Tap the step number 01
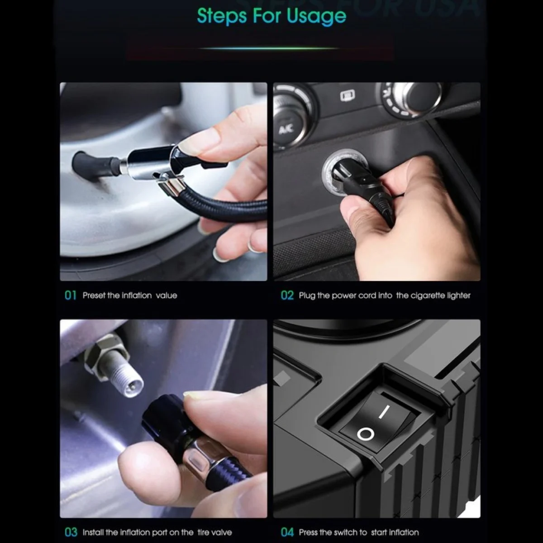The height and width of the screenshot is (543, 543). [71, 295]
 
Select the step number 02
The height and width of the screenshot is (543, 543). [287, 295]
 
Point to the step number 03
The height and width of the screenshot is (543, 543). [71, 532]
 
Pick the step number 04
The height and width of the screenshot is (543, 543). [287, 532]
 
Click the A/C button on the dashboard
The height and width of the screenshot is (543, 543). [286, 129]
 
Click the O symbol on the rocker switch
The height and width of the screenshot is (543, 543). [365, 435]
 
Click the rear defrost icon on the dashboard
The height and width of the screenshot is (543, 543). [347, 95]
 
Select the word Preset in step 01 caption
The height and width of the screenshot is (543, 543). [94, 295]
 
